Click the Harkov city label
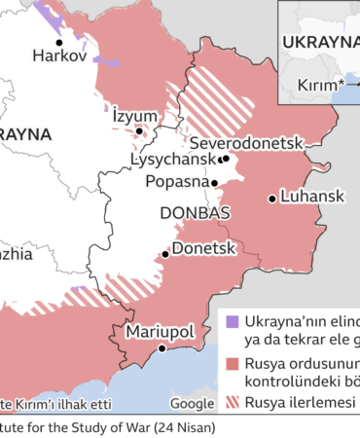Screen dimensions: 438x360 (59, 57)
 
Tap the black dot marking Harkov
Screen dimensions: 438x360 (59, 42)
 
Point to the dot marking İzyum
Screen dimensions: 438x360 (139, 130)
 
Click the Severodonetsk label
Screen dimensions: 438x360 (247, 142)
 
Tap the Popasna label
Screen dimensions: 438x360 (178, 181)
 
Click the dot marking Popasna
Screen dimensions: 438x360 (220, 181)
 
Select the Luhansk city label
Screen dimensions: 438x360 (311, 197)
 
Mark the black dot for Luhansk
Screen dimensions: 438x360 (271, 199)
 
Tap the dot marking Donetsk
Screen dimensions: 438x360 (165, 253)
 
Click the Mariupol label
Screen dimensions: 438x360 (160, 331)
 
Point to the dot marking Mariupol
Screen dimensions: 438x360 (162, 347)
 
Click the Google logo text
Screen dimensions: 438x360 (192, 403)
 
